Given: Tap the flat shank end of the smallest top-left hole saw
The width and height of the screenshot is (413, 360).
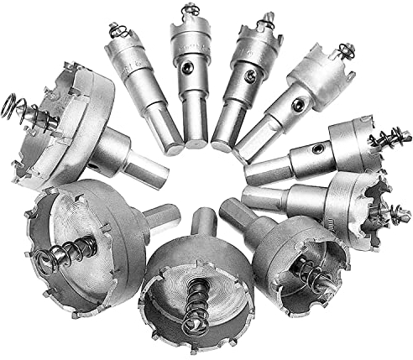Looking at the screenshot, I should point(171,146).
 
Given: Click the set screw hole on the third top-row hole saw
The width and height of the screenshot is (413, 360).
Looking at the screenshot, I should point(249,76).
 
